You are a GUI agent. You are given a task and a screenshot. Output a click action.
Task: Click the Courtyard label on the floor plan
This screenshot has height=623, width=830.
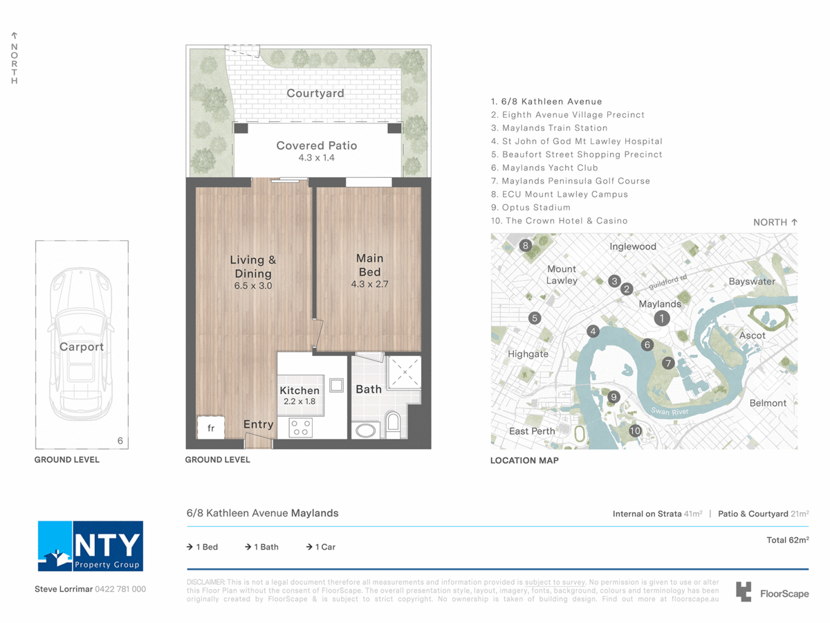tap(315, 93)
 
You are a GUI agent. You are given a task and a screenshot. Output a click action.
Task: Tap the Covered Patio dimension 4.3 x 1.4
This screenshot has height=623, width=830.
tap(316, 159)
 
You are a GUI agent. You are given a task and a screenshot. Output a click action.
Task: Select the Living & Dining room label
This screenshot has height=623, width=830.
tap(252, 267)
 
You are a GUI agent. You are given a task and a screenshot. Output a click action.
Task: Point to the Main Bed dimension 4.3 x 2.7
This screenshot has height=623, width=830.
tap(369, 284)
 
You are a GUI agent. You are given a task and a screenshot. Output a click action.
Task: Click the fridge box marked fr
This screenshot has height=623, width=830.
tap(210, 428)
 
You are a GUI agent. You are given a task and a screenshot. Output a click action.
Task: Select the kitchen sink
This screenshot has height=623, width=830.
tap(336, 384)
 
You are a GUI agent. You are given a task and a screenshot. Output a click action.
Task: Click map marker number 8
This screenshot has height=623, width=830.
tap(526, 246)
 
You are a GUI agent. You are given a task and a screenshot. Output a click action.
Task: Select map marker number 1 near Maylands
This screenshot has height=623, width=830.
tap(662, 318)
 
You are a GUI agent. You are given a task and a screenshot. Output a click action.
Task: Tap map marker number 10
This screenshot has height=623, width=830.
tap(635, 431)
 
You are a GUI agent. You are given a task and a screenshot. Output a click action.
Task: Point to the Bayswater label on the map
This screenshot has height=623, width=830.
tap(752, 282)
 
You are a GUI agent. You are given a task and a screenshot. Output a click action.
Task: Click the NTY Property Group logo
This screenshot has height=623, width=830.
tap(90, 546)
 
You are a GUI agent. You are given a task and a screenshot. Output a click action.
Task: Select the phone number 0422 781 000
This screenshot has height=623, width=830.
tap(120, 589)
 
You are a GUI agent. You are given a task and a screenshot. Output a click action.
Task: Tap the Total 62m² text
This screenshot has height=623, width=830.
tap(787, 540)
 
